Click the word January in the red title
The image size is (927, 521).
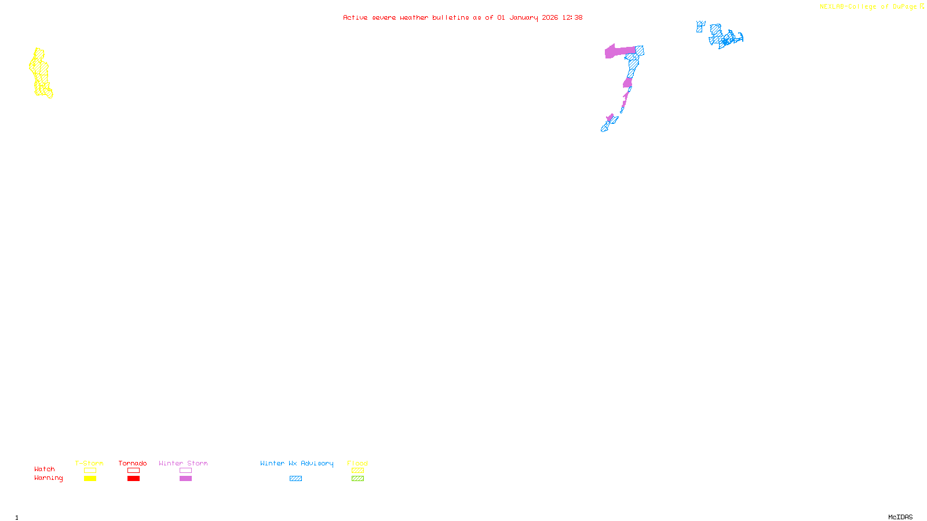click(x=523, y=18)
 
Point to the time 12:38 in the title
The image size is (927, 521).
click(x=572, y=18)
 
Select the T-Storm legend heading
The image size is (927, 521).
click(x=89, y=463)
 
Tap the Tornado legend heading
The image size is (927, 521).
click(x=133, y=463)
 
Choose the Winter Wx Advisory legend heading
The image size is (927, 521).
click(x=297, y=463)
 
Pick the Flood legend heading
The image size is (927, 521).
click(x=357, y=463)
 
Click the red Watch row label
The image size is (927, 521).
click(x=45, y=469)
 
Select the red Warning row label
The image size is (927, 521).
click(x=49, y=478)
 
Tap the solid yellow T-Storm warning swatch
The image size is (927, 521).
click(x=90, y=479)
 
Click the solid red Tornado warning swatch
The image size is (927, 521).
click(x=133, y=479)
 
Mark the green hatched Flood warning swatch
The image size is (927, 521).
click(x=357, y=479)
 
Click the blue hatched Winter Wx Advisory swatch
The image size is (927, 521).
click(x=295, y=479)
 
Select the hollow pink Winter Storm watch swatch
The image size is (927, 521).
click(x=185, y=471)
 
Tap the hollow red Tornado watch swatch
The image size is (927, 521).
click(x=133, y=471)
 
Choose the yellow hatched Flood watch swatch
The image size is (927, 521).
click(x=357, y=471)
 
